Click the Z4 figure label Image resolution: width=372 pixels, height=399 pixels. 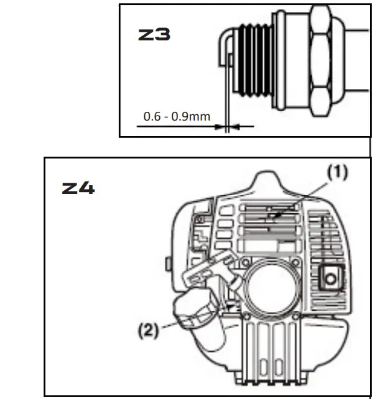pos(78,188)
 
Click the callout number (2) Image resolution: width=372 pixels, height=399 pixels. pos(148,329)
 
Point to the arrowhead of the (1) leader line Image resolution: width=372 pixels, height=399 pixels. pos(272,218)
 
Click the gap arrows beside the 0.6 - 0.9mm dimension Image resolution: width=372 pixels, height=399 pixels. pos(228,126)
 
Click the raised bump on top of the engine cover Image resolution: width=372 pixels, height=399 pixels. pos(268,185)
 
